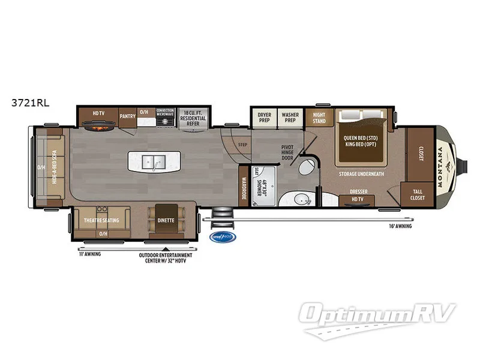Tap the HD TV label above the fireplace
click(98, 113)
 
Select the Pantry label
click(127, 116)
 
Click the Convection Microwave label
click(165, 113)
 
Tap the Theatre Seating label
click(101, 220)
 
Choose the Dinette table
click(166, 220)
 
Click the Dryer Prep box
click(265, 116)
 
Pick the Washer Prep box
click(291, 116)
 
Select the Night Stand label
click(319, 118)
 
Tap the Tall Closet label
click(418, 194)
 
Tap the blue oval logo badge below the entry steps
click(223, 237)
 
